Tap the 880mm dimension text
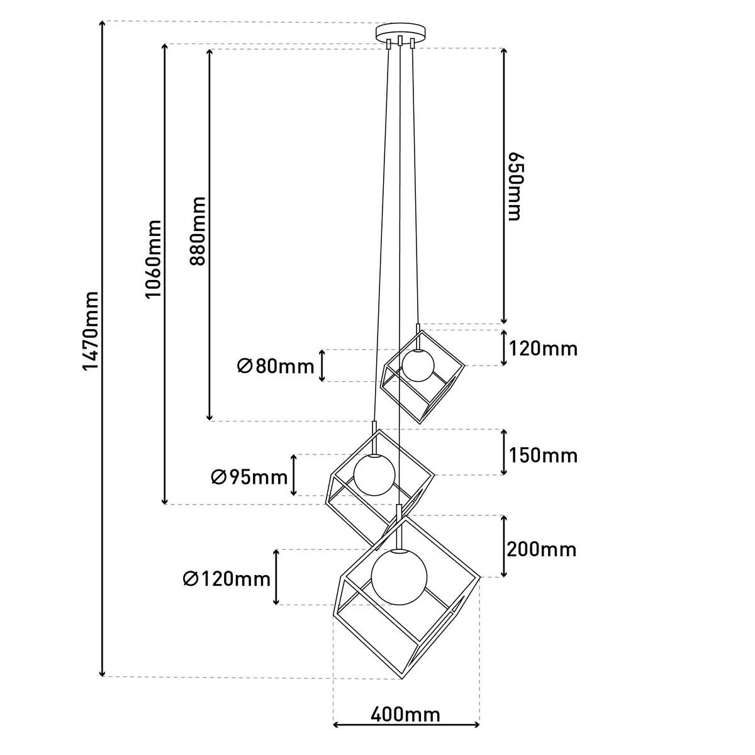[198, 231]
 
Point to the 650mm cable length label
[514, 186]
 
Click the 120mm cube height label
[542, 348]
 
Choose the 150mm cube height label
[542, 455]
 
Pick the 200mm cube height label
[542, 549]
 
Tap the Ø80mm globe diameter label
[276, 366]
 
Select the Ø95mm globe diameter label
[249, 478]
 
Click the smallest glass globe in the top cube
[418, 366]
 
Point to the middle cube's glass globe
[374, 474]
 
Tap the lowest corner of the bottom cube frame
[401, 678]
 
